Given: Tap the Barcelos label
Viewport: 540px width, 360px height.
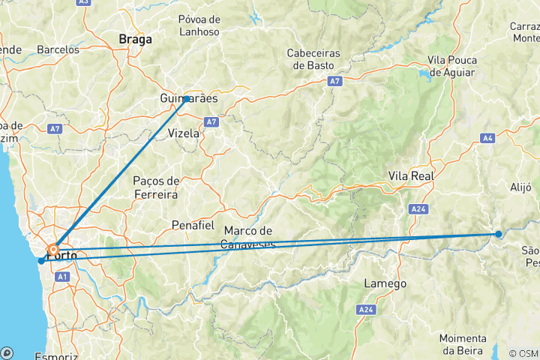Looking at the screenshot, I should click(x=58, y=49).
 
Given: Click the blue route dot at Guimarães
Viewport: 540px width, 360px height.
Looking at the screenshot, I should click(x=187, y=98).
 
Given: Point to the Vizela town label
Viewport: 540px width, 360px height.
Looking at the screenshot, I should click(x=184, y=133).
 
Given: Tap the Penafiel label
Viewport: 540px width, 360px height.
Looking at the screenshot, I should click(x=193, y=225).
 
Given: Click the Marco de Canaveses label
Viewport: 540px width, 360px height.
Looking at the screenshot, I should click(x=249, y=237).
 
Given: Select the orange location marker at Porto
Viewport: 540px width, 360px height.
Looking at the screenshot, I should click(x=53, y=249).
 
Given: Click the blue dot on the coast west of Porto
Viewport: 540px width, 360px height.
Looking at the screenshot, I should click(x=40, y=261).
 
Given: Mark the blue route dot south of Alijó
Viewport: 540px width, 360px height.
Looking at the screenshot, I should click(x=499, y=234).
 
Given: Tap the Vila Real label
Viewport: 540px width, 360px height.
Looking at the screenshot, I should click(x=407, y=175).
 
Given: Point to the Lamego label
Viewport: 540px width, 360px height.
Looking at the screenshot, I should click(x=385, y=283).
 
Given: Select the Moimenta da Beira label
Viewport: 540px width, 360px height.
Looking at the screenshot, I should click(x=463, y=343).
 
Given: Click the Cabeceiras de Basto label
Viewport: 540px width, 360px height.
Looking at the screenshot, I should click(x=313, y=59).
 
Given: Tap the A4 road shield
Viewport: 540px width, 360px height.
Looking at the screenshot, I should click(x=488, y=138).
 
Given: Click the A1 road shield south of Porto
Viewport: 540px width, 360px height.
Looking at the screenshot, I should click(x=63, y=277).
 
